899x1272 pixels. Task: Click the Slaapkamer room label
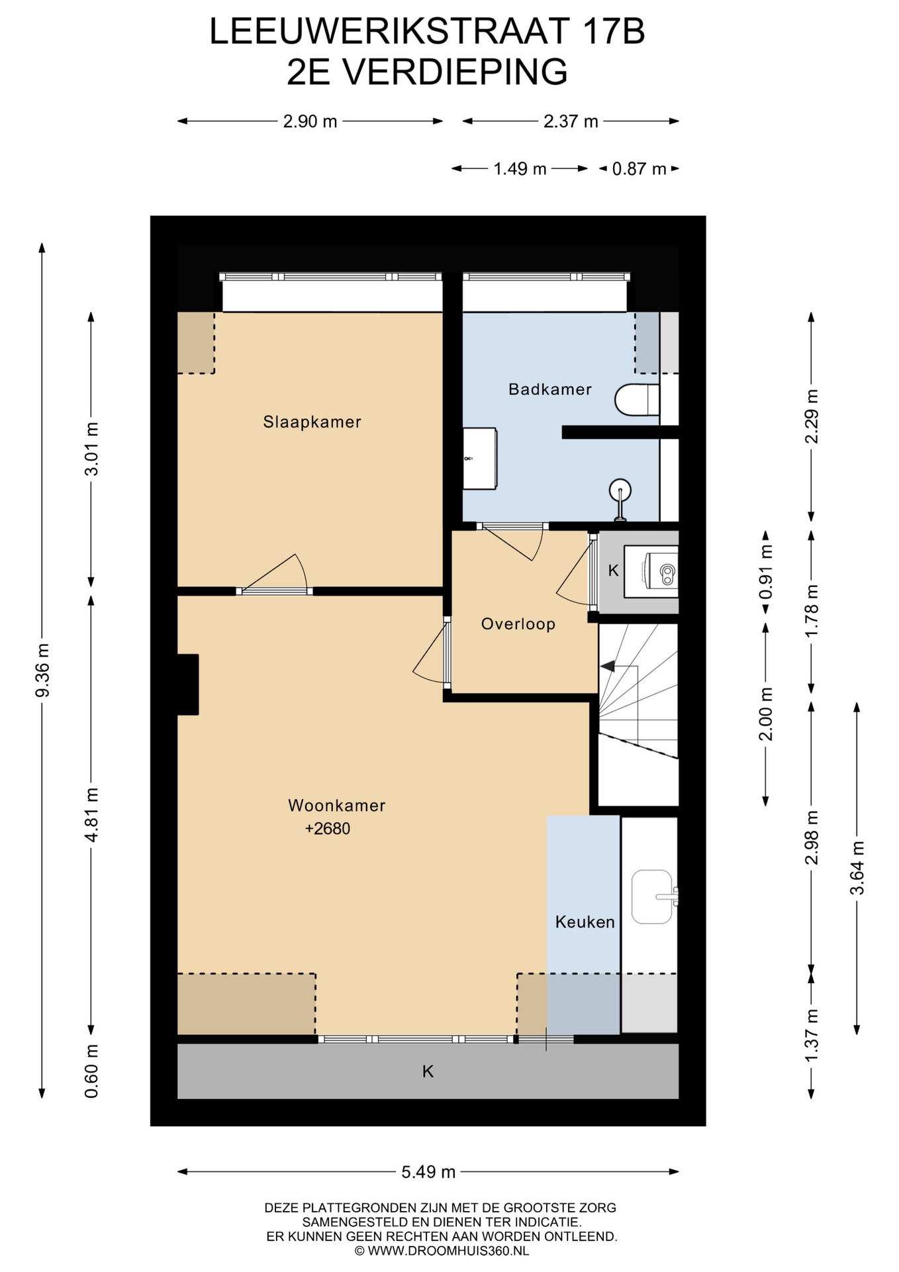tap(312, 422)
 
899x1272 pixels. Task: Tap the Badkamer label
tap(550, 389)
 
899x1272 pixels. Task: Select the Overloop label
tap(518, 624)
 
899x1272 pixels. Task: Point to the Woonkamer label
tap(336, 806)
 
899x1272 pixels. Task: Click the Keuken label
tap(585, 922)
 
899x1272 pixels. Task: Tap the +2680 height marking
tap(328, 828)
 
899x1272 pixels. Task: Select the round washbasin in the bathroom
tap(620, 491)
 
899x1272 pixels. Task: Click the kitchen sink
tap(653, 896)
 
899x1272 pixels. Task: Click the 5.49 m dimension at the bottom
tap(428, 1172)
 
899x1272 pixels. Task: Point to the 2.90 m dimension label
tap(310, 121)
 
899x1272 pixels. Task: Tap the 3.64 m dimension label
tap(857, 868)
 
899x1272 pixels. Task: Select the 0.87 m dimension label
tap(639, 169)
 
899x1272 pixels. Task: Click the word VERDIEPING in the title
tap(454, 72)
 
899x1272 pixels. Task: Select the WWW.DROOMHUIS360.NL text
tap(448, 1251)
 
